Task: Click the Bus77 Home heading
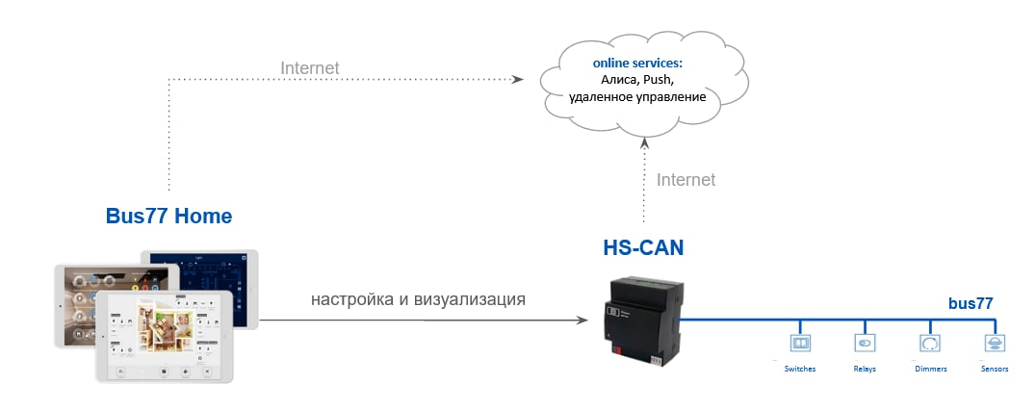click(168, 217)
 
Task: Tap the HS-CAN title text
click(642, 248)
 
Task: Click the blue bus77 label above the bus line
click(970, 303)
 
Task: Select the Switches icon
click(800, 343)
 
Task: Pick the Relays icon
click(864, 343)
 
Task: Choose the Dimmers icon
click(929, 343)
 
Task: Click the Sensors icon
click(994, 343)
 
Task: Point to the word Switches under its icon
click(800, 369)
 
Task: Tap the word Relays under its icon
click(864, 369)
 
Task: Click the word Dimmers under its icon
click(930, 369)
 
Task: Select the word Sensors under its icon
click(995, 369)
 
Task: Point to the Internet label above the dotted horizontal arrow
click(310, 67)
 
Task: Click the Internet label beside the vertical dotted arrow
click(686, 180)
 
